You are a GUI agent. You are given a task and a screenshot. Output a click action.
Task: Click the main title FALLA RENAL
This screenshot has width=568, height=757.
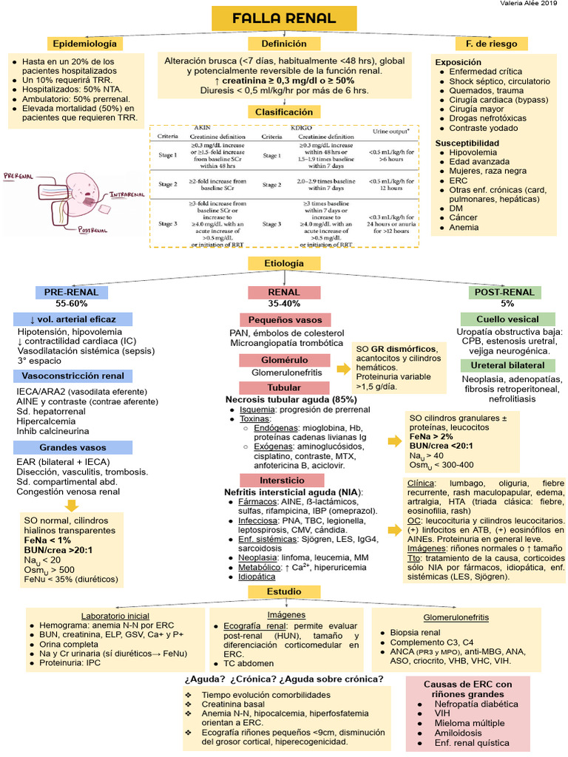[284, 18]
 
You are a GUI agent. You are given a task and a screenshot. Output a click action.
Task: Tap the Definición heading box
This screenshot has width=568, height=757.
[284, 44]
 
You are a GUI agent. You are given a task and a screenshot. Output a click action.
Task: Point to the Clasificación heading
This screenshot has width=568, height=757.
[284, 112]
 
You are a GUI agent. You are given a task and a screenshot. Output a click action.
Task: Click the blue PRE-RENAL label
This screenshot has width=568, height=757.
[71, 292]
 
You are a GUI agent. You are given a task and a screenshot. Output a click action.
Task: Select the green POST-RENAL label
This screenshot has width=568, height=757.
[504, 292]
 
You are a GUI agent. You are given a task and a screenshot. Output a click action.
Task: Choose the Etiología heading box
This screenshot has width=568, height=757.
[284, 263]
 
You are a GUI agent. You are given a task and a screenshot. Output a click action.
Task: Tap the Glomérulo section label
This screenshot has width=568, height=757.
[284, 360]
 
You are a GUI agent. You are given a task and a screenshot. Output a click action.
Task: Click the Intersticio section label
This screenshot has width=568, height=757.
[284, 480]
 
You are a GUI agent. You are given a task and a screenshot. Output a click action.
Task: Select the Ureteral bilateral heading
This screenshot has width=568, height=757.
[504, 365]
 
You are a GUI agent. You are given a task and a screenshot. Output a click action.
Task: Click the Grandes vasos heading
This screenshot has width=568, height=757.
[72, 447]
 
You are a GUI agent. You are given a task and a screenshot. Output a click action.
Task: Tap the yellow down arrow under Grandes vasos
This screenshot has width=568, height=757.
[72, 506]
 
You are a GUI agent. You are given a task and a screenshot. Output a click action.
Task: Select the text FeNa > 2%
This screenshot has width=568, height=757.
[433, 437]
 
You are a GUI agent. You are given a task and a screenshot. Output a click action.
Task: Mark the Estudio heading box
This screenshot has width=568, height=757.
[284, 592]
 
